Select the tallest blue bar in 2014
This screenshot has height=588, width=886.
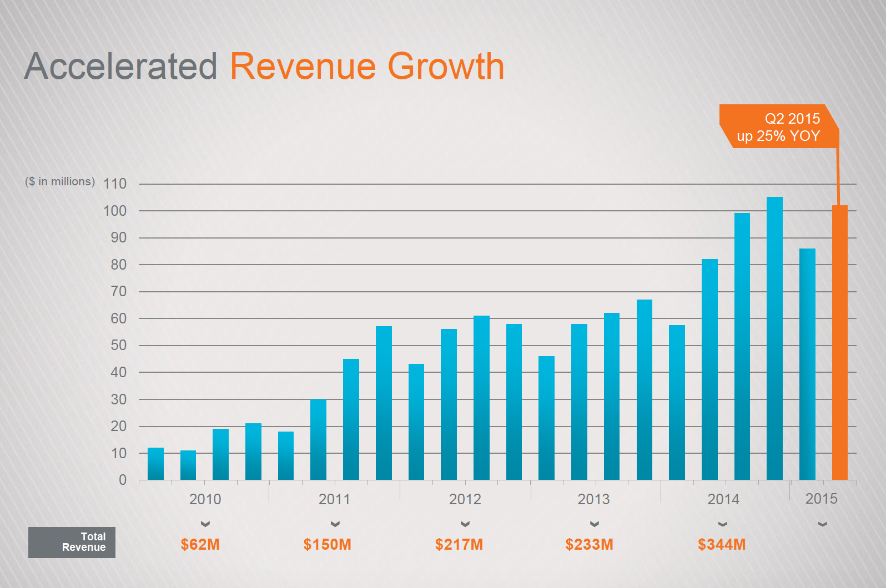point(774,338)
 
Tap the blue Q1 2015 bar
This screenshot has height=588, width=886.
point(807,364)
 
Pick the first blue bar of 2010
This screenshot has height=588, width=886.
point(155,464)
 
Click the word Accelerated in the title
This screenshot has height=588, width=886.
point(121,67)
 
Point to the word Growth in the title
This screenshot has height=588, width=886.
point(446,67)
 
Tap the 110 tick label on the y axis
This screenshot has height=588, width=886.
point(115,184)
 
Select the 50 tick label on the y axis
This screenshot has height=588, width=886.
point(118,345)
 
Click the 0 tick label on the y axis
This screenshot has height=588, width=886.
point(123,480)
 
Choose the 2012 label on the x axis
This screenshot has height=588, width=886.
point(465,499)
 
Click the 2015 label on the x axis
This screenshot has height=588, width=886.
point(821,499)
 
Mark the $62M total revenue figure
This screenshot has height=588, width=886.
point(200,544)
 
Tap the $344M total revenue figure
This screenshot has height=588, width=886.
point(721,544)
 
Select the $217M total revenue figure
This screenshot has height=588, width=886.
point(459,544)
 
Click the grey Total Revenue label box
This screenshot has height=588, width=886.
point(72,542)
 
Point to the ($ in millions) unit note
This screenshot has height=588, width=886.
point(60,181)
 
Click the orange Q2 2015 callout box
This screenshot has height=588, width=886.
point(778,126)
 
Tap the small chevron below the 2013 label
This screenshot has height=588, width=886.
point(594,524)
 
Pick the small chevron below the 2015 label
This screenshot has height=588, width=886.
point(822,524)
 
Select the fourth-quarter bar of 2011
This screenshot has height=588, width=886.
point(384,403)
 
